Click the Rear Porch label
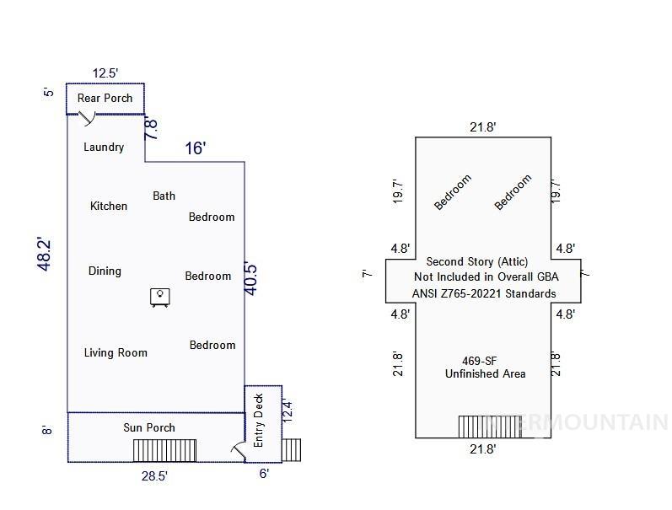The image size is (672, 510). [105, 98]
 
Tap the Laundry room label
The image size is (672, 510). [104, 147]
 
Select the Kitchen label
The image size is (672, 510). [109, 206]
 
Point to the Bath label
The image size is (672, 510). [164, 196]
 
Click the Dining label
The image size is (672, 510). [105, 271]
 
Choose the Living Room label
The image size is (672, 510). [116, 352]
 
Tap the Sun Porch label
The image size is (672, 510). [149, 427]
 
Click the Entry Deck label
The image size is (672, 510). [259, 420]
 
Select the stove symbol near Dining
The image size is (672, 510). [159, 297]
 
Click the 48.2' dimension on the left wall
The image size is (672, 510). [46, 254]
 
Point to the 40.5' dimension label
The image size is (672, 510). [250, 278]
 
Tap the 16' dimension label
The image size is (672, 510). [196, 148]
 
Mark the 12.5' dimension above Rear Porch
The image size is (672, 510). [105, 73]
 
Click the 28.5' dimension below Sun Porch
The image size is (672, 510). [153, 476]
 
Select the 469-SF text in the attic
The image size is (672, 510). [484, 360]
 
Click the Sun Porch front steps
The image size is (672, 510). [164, 450]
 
